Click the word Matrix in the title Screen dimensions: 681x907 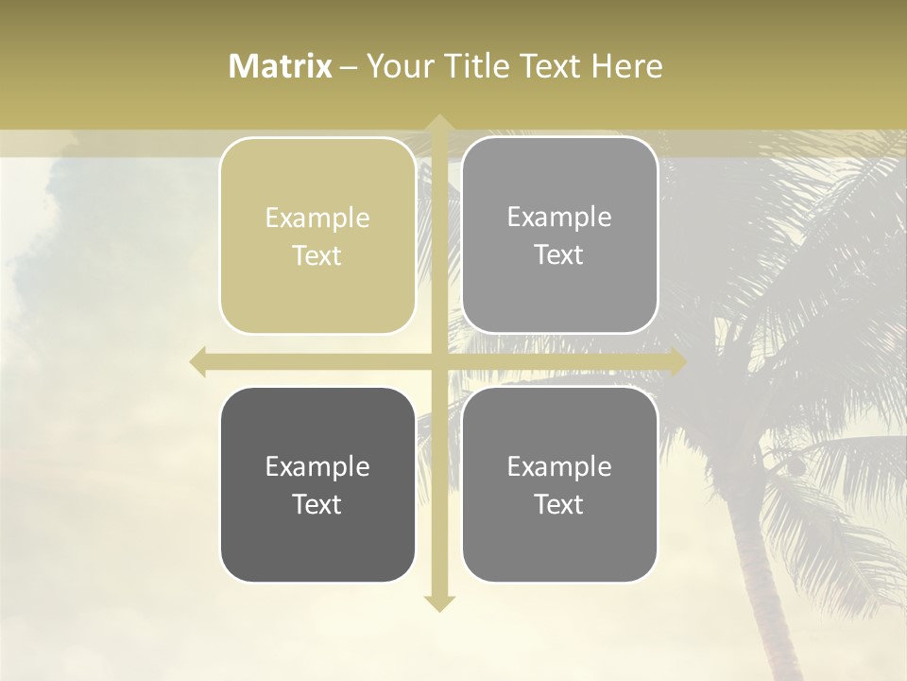tap(281, 66)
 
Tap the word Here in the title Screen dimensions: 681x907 tap(626, 66)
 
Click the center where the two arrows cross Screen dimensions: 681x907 tap(438, 362)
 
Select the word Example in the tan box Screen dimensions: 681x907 tap(317, 218)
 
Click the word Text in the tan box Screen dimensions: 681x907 tap(317, 256)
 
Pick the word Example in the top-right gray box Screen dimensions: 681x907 tap(559, 218)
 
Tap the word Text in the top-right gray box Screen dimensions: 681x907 tap(559, 255)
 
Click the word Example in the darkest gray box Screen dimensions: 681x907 tap(317, 467)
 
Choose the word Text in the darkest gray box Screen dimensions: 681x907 tap(317, 505)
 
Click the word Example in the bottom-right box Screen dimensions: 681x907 tap(559, 467)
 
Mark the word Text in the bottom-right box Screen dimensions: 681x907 tap(559, 505)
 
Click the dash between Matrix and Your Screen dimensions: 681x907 tap(349, 67)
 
